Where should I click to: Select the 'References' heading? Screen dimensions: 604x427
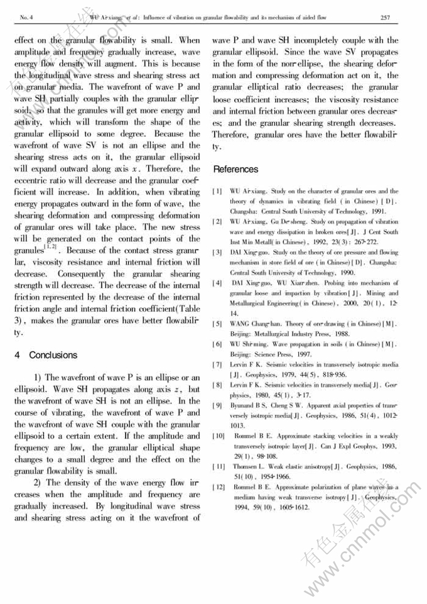pos(235,169)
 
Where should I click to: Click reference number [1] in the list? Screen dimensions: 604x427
pos(217,191)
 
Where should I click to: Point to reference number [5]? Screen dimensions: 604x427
pos(217,324)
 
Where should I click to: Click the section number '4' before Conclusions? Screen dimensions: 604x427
pos(17,354)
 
